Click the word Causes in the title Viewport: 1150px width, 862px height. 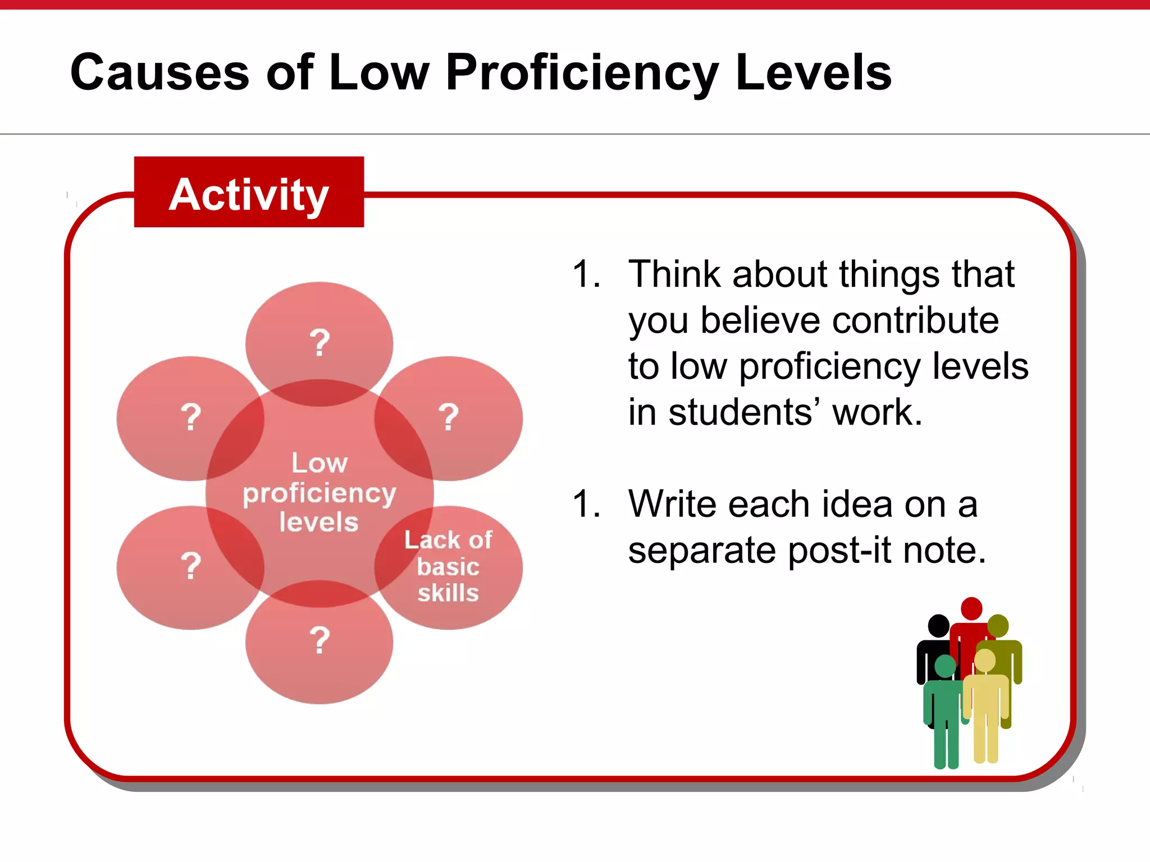[159, 72]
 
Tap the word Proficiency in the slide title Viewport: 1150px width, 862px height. [582, 74]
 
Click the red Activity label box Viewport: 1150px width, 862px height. [249, 192]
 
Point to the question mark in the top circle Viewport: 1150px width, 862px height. [320, 343]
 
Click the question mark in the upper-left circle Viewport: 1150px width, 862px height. [191, 417]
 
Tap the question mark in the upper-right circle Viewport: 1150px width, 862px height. [448, 417]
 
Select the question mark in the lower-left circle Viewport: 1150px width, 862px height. [191, 566]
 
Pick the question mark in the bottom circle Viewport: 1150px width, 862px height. [320, 640]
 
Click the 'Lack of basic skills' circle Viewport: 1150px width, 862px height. [449, 567]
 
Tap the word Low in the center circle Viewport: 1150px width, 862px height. [320, 463]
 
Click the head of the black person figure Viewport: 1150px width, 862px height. [938, 626]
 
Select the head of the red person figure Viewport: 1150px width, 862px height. [971, 608]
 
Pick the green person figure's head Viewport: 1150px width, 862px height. [945, 666]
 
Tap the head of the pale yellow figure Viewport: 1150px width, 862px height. [985, 661]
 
